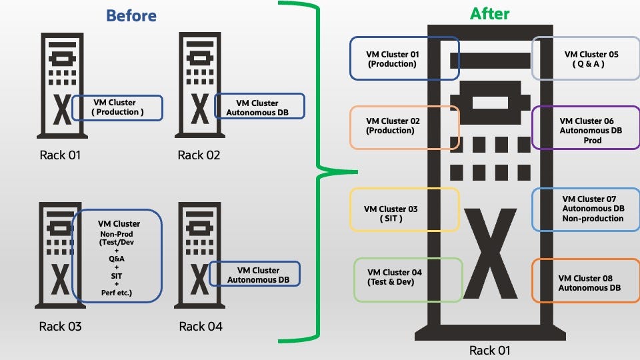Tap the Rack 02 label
(x=199, y=155)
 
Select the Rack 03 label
(x=61, y=326)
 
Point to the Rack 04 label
(x=201, y=326)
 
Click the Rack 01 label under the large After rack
(x=489, y=349)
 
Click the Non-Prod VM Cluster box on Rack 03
(x=117, y=256)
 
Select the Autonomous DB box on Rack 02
(x=260, y=107)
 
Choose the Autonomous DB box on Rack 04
(x=255, y=274)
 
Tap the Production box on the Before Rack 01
(x=117, y=107)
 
